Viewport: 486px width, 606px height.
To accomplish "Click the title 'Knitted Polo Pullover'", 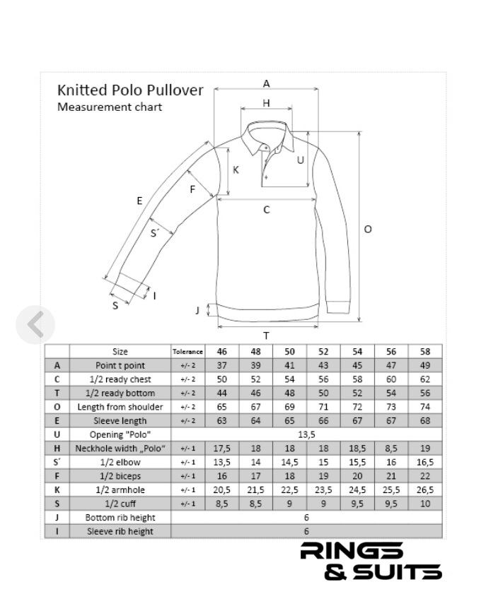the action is click(130, 90).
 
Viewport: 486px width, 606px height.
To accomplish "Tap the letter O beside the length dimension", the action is click(368, 229).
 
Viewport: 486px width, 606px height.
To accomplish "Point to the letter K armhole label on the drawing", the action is click(236, 170).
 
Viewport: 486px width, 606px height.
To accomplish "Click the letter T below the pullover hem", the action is click(266, 336).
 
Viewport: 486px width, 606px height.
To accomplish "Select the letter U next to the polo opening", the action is click(301, 160).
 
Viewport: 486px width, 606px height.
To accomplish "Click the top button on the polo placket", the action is click(266, 147).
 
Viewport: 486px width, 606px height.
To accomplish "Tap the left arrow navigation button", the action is click(35, 325).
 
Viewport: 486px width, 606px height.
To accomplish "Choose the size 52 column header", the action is click(323, 352).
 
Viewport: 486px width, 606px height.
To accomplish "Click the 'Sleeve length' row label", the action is click(120, 421).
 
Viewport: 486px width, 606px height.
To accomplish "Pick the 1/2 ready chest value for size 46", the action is click(222, 379).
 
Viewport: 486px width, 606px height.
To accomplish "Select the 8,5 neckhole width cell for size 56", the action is click(391, 448).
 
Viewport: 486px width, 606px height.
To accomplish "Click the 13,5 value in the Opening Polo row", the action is click(306, 435).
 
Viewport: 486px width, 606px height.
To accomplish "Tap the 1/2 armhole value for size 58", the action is click(425, 490).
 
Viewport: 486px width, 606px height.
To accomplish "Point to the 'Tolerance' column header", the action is click(187, 352).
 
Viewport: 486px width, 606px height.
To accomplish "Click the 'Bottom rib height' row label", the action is click(120, 518).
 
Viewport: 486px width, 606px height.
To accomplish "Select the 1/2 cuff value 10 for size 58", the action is click(425, 504).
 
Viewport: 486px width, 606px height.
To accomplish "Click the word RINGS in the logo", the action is click(352, 551).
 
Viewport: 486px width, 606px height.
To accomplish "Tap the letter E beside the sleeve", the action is click(140, 201).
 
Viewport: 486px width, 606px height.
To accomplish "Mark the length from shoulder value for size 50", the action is click(289, 407).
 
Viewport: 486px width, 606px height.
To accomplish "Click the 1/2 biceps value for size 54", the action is click(357, 476).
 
